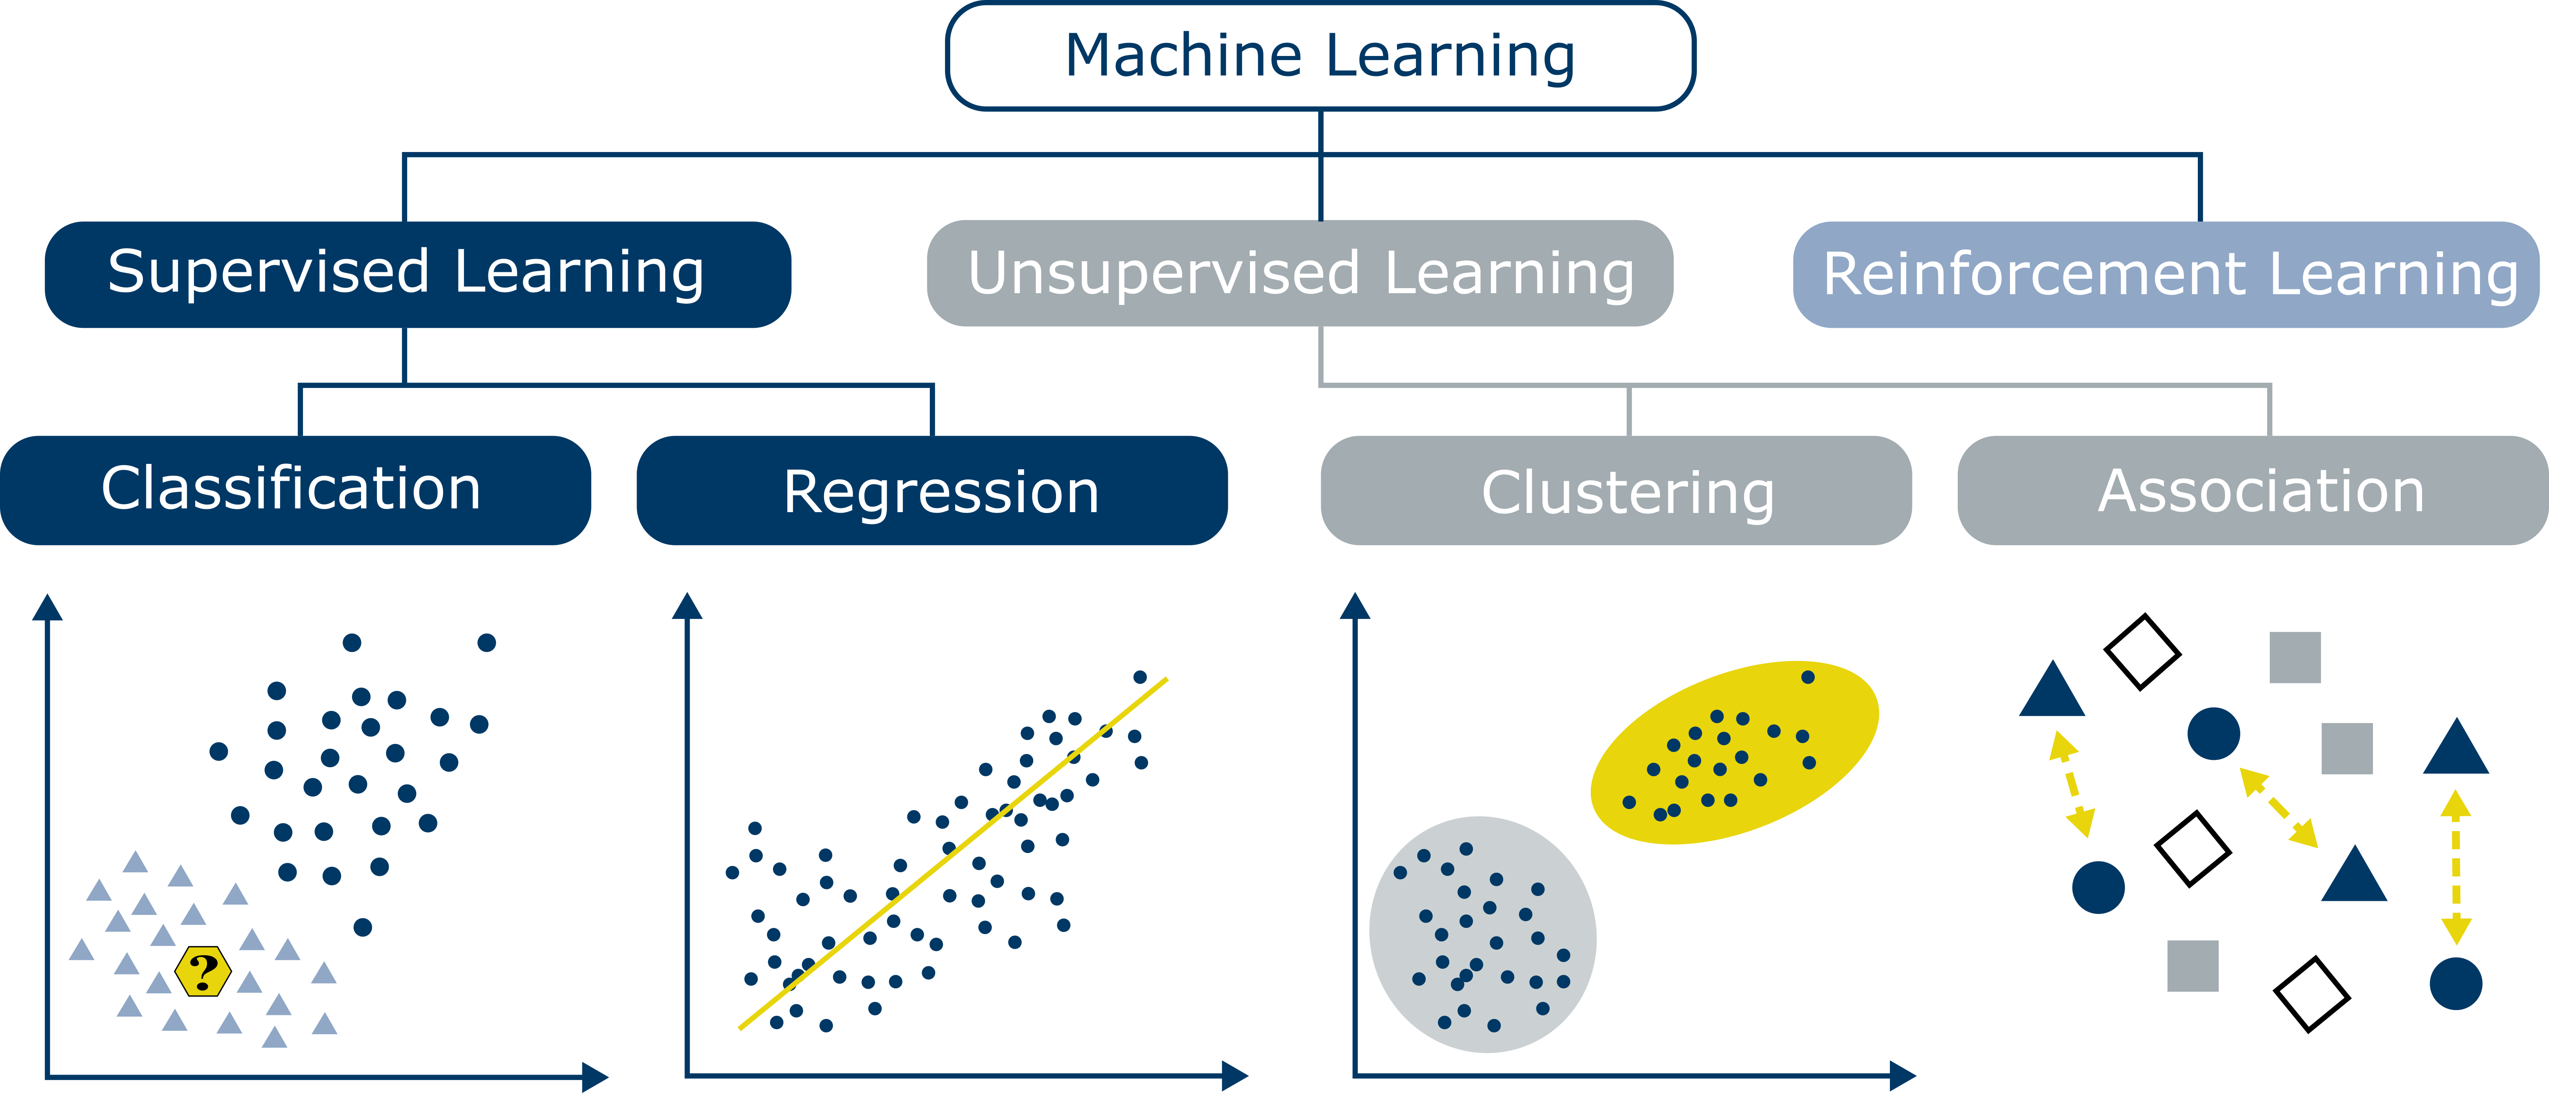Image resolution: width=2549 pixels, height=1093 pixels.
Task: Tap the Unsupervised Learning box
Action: point(1299,273)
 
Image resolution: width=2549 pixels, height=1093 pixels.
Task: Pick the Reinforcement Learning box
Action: point(2167,273)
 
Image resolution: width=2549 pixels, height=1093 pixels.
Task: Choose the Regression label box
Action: point(932,491)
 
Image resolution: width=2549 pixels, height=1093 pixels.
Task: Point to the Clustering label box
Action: point(1616,491)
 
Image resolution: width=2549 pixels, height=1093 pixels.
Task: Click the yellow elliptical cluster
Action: point(1733,753)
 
